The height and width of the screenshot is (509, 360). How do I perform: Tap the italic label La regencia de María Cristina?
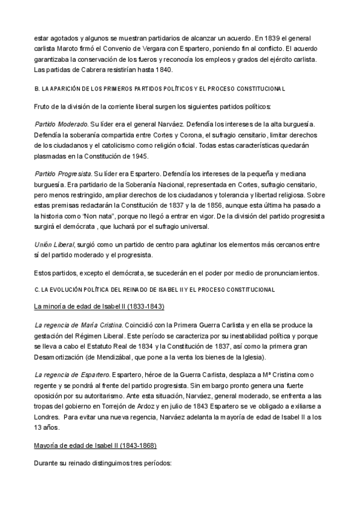pyautogui.click(x=78, y=325)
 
